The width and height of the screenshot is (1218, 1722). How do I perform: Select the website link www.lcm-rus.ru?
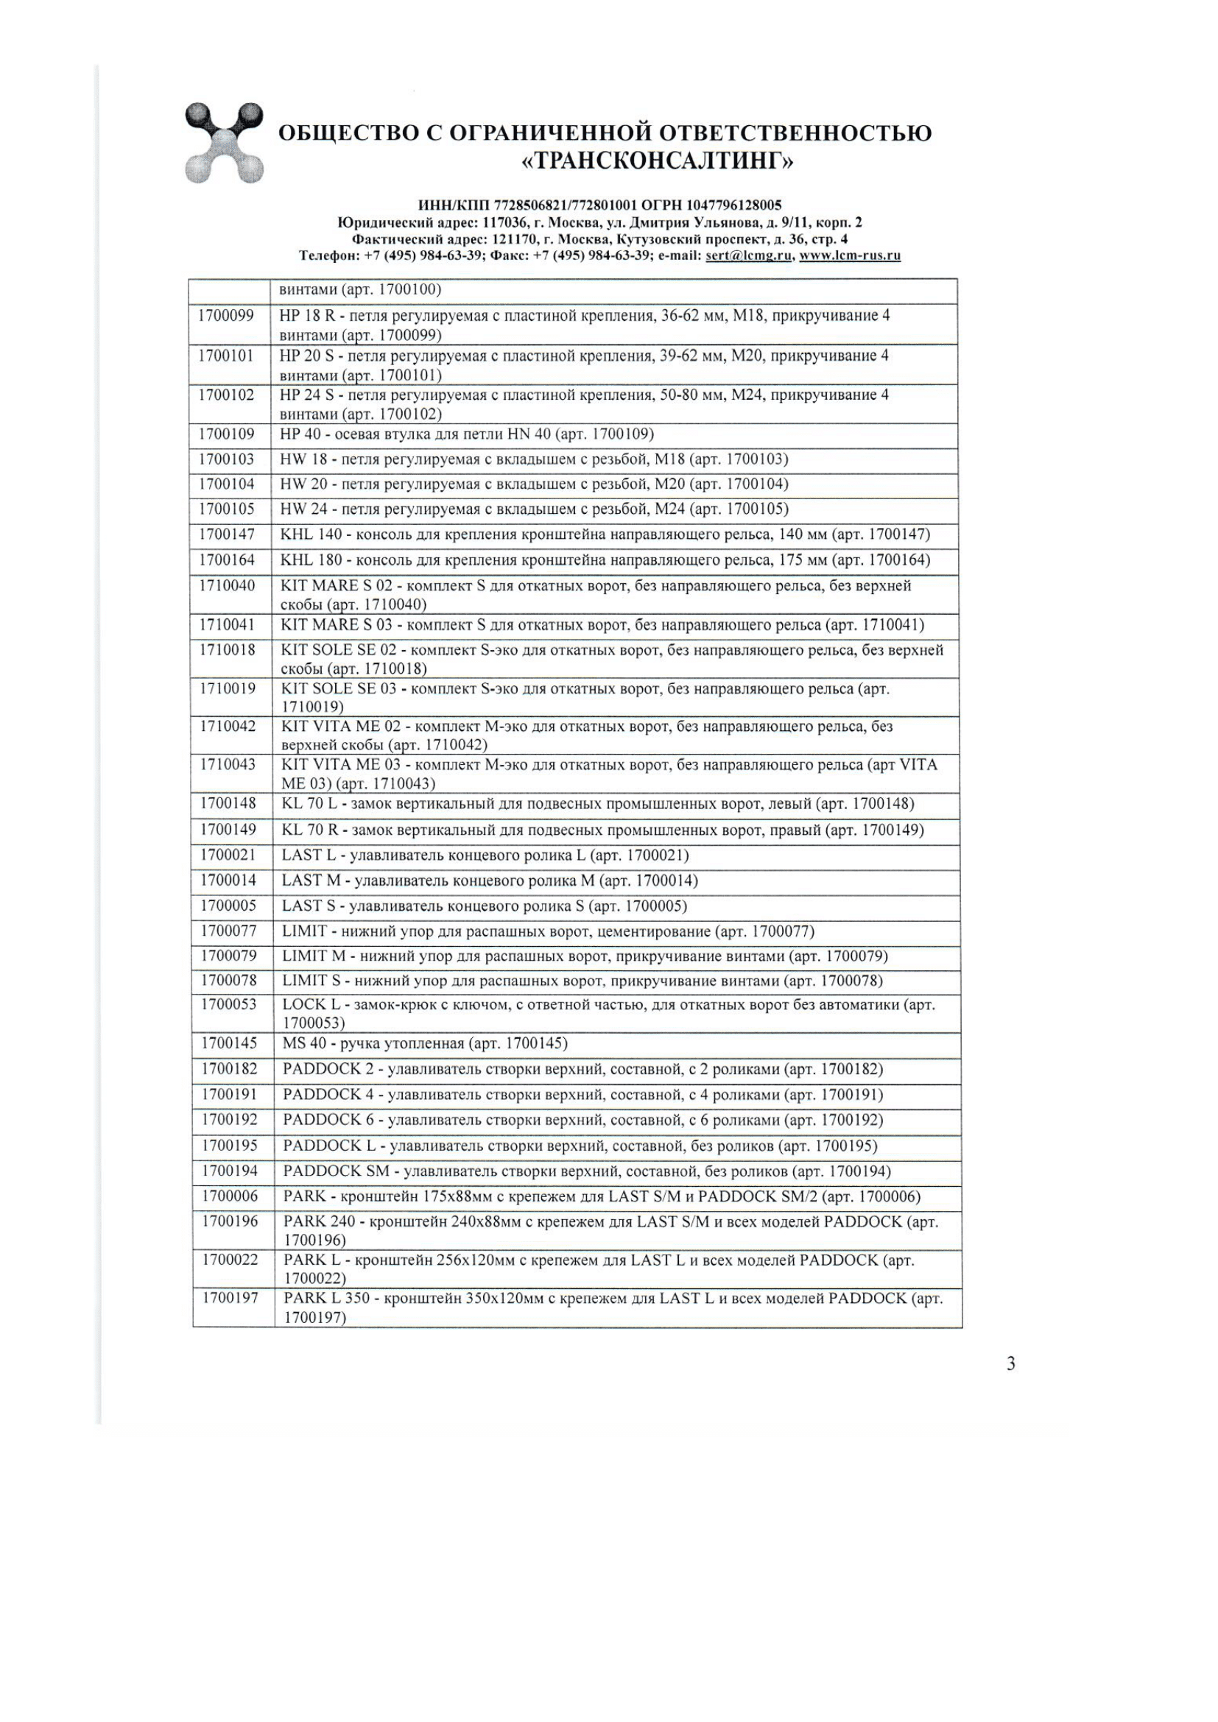click(850, 255)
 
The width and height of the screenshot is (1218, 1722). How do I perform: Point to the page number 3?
click(1010, 1363)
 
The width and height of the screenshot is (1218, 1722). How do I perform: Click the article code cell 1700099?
click(227, 316)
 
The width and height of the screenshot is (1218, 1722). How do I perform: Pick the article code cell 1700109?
click(227, 434)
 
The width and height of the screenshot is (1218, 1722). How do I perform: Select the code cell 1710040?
click(227, 586)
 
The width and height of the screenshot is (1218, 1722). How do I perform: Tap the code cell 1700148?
click(228, 804)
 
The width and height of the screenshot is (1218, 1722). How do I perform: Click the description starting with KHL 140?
click(605, 534)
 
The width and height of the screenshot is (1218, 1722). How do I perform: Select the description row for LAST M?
click(490, 881)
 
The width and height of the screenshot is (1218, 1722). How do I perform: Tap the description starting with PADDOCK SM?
click(586, 1171)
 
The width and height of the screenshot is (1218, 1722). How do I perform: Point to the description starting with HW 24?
click(534, 510)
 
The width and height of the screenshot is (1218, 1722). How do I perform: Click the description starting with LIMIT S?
click(582, 981)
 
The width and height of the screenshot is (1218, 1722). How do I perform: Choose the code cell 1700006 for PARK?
click(230, 1197)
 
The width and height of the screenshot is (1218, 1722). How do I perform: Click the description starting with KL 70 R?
click(602, 830)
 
